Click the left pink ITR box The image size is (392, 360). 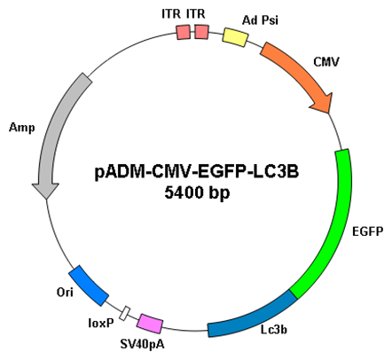pos(184,32)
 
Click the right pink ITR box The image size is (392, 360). pos(201,32)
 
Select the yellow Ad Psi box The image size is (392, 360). pos(235,37)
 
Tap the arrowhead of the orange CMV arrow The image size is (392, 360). pos(322,103)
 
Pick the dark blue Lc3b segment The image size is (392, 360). pos(251,317)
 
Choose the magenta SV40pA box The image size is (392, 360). pos(150,324)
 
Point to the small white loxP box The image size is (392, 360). pos(125,313)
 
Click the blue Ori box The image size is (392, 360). pos(89,286)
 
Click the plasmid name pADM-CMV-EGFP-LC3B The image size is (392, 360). pos(197,172)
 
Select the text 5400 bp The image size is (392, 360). pos(197,192)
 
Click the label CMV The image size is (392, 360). pos(326,62)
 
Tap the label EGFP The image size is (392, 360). pos(368,231)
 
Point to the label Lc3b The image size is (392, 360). pos(274,329)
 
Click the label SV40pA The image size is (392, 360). pos(143,344)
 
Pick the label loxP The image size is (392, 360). pos(101,324)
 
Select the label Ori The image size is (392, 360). pos(65,292)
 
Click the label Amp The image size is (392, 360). pos(22,128)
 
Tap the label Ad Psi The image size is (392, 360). pos(260,20)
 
